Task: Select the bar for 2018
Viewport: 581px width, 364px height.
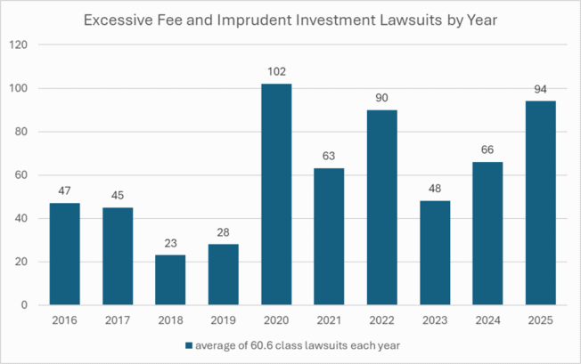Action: tap(170, 279)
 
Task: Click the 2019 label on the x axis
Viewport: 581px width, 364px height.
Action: tap(223, 319)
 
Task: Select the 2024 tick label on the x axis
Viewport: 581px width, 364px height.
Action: tap(487, 319)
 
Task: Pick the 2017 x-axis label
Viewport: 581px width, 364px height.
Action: tap(118, 319)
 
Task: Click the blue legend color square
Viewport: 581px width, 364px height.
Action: tap(188, 344)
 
